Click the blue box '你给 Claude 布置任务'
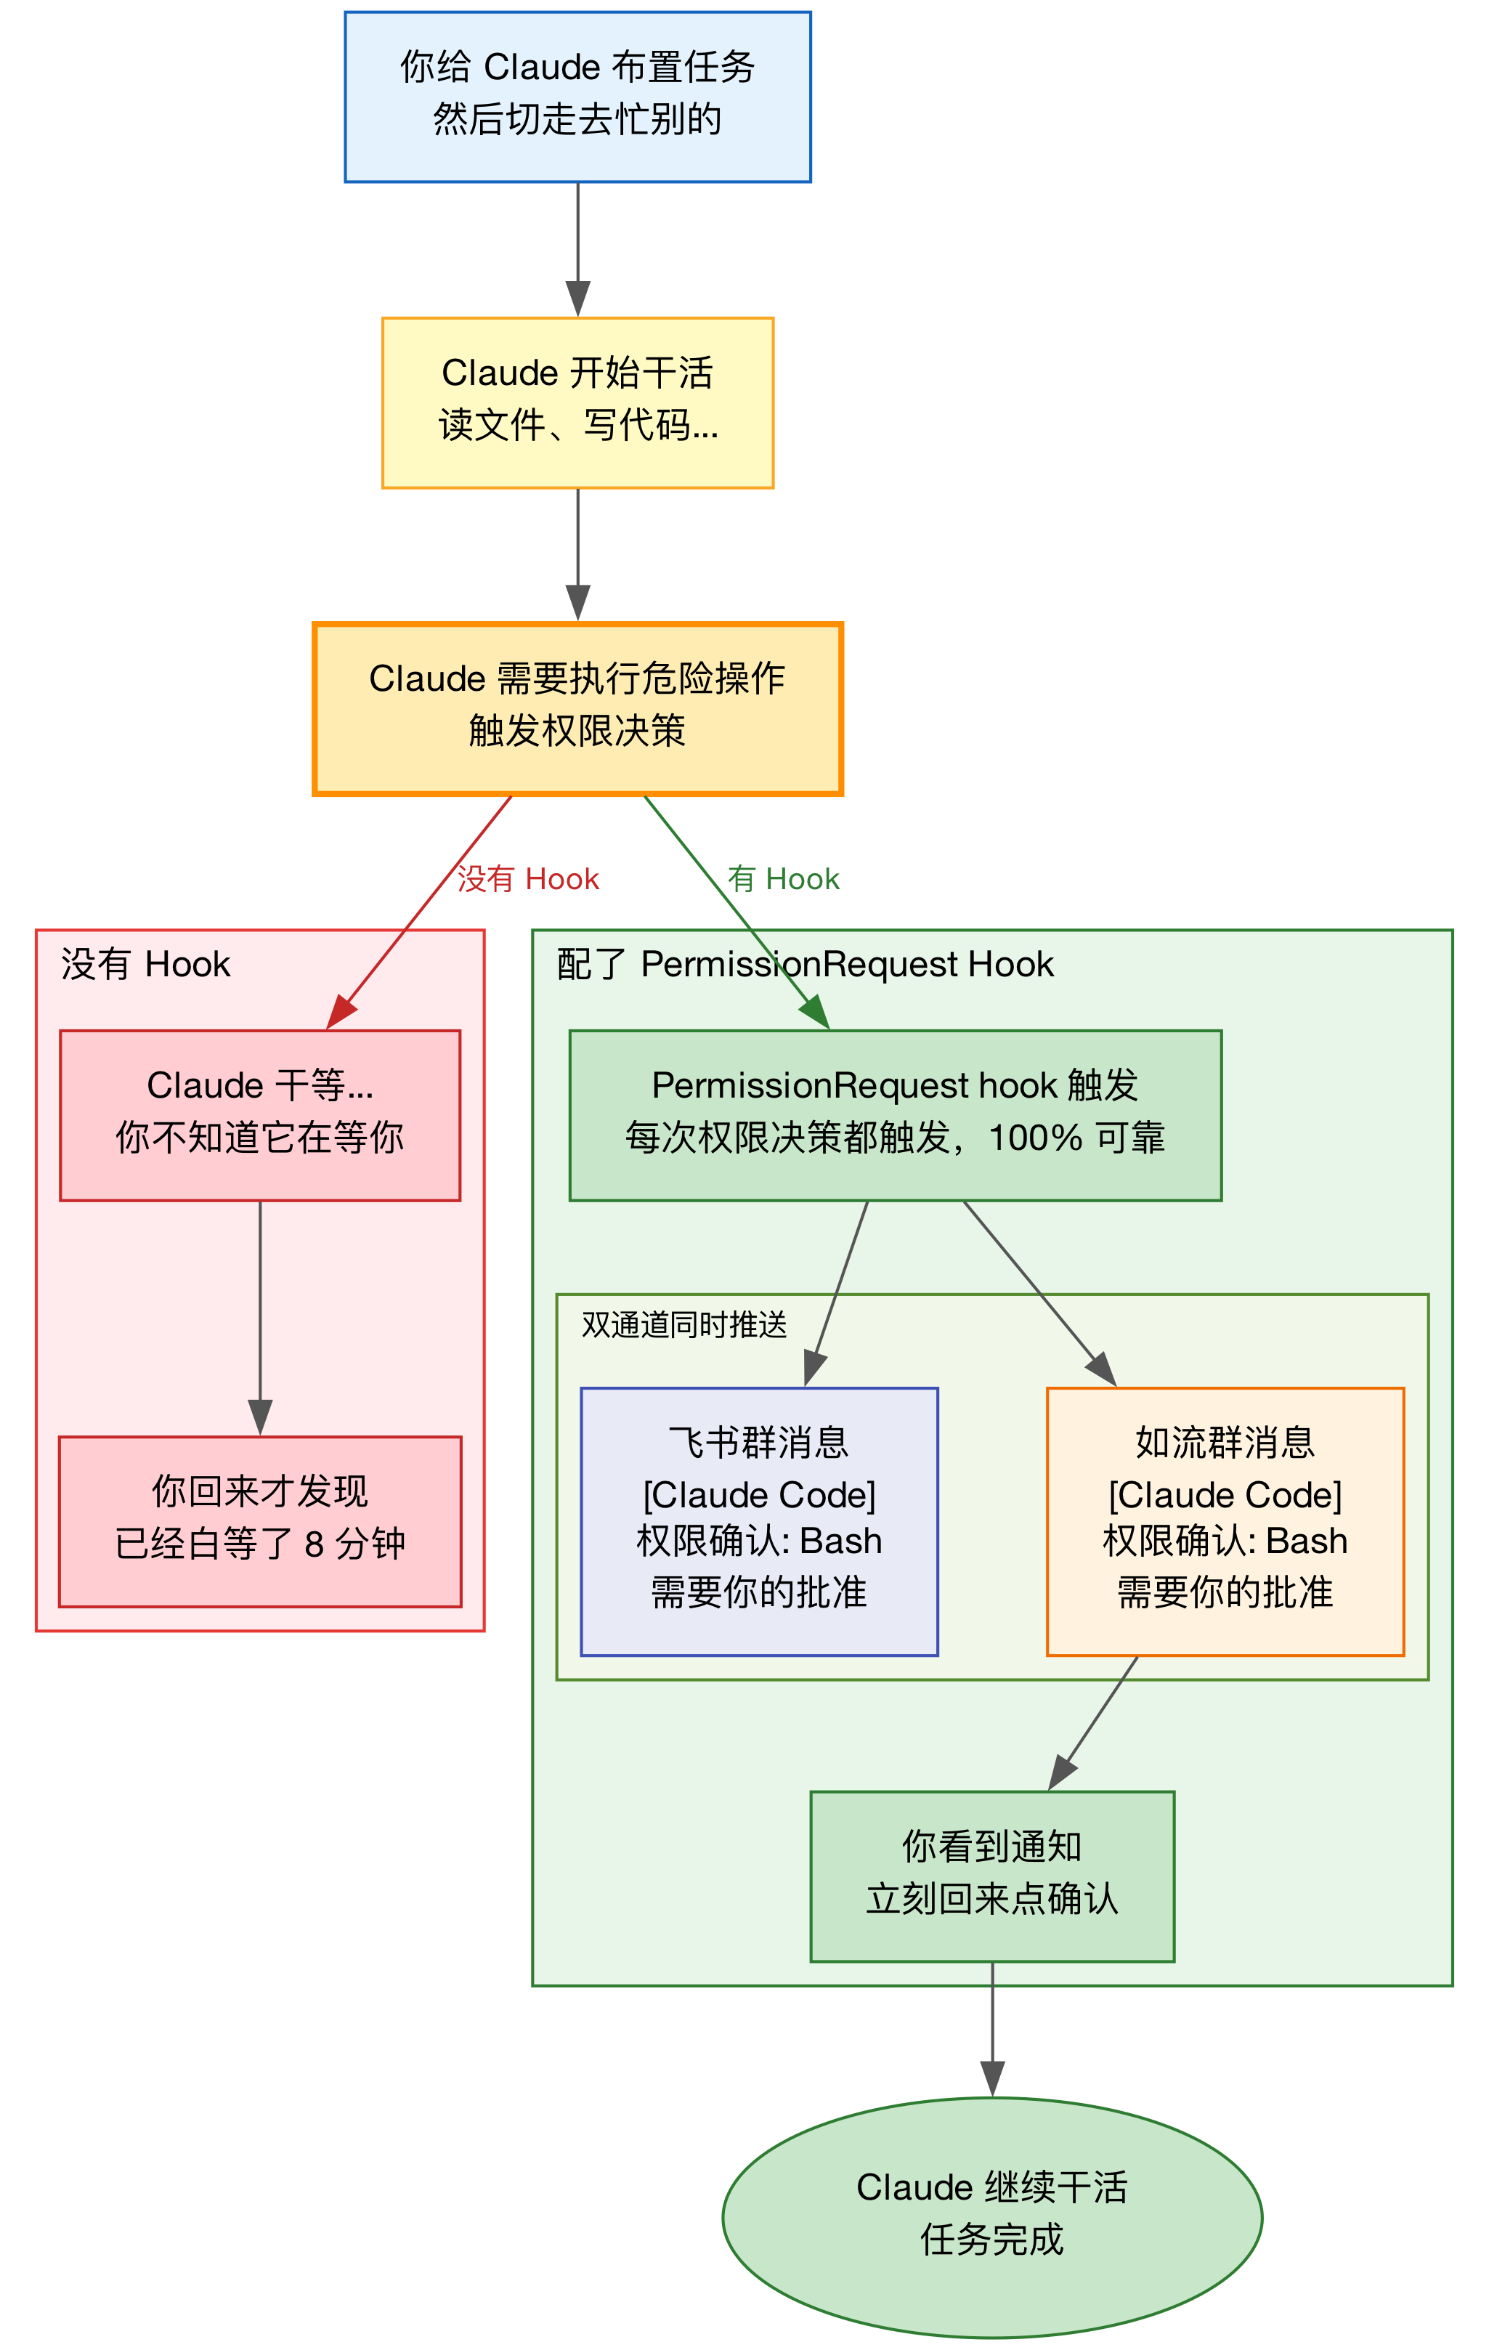(577, 97)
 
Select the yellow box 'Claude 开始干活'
(577, 402)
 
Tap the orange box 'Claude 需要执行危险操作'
(577, 708)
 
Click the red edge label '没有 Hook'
(528, 879)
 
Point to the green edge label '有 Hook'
(784, 879)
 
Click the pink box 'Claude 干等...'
(259, 1114)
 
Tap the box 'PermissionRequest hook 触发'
(895, 1114)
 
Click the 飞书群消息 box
(759, 1520)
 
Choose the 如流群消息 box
(1225, 1520)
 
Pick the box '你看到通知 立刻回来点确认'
(991, 1875)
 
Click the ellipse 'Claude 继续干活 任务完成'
(991, 2216)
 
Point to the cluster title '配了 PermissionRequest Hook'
(805, 964)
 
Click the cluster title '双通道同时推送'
(684, 1324)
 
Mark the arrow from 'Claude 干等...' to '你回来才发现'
(259, 1318)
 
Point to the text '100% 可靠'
(1076, 1138)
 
